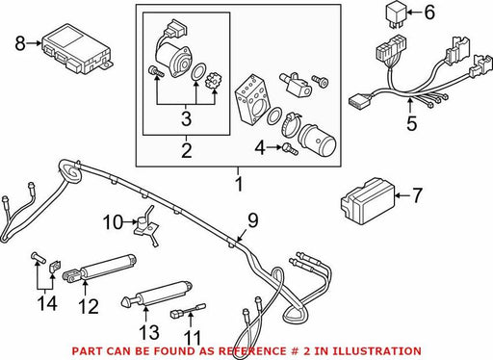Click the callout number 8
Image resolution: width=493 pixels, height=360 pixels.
20,43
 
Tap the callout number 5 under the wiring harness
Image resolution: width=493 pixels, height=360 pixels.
411,123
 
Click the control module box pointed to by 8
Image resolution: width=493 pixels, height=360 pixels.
76,48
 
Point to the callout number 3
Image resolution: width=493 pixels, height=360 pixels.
186,118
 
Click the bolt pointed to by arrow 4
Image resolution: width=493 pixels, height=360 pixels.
291,149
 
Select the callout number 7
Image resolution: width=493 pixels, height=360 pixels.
417,195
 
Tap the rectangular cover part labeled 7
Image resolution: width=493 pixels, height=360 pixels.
368,200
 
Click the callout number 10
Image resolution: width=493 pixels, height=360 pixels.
113,222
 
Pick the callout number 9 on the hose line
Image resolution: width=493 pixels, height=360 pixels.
253,220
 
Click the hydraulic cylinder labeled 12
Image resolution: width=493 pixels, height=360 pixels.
99,268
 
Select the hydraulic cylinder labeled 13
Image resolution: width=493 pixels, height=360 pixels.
157,294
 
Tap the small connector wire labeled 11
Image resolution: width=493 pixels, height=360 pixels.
188,311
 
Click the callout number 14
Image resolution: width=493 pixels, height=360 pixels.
47,303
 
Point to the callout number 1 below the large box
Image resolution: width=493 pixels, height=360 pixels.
239,184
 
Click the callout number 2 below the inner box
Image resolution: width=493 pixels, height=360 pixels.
187,150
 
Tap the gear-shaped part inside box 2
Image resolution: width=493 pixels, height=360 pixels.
211,82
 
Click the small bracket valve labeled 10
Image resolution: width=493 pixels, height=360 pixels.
146,225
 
